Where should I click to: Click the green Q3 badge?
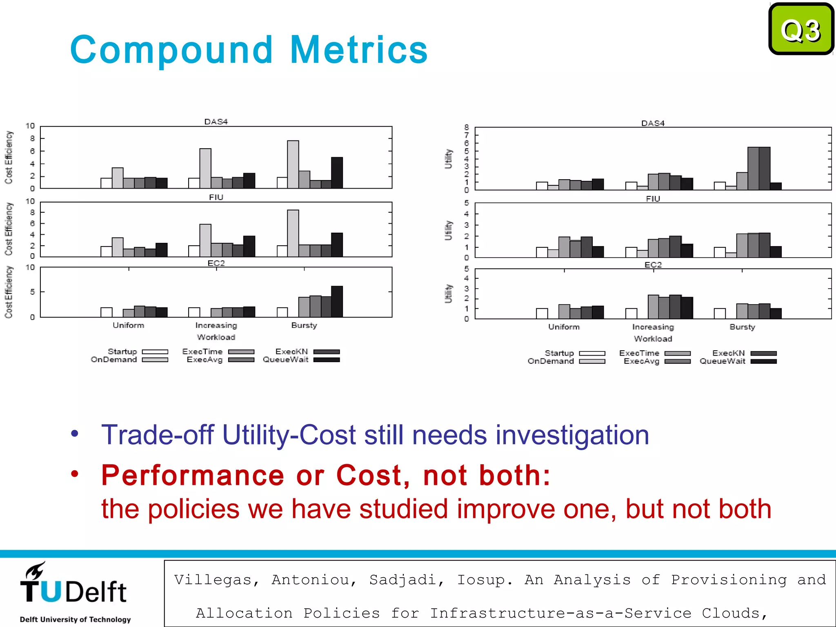click(801, 29)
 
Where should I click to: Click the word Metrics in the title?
click(359, 50)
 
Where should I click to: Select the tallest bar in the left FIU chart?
click(293, 233)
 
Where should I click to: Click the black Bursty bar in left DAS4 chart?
click(337, 172)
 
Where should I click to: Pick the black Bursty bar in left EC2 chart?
click(337, 301)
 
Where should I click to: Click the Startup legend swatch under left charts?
click(155, 351)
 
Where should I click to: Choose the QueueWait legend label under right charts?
click(722, 361)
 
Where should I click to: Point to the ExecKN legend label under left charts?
click(291, 351)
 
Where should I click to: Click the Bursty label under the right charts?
click(742, 327)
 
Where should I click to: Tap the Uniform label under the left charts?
click(128, 325)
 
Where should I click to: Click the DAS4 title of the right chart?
click(653, 123)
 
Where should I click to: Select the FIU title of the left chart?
click(216, 197)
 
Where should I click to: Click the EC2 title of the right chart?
click(653, 265)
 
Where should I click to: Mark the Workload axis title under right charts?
click(653, 339)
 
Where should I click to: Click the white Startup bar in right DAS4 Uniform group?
click(542, 186)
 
